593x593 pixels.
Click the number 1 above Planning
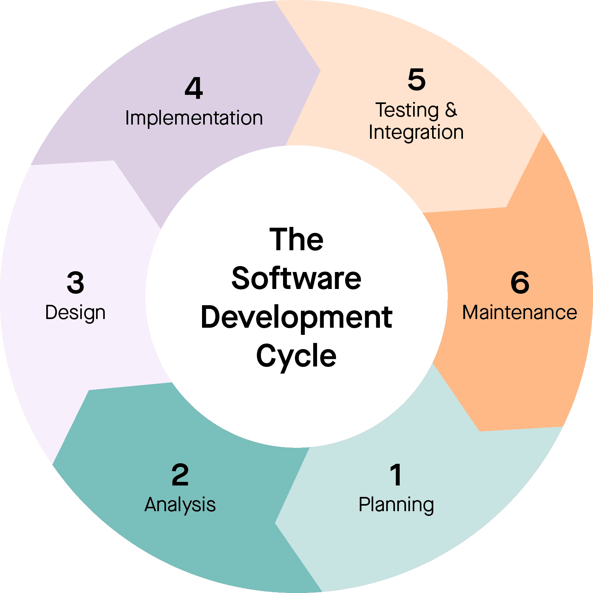pyautogui.click(x=396, y=474)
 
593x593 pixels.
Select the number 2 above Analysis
pyautogui.click(x=180, y=474)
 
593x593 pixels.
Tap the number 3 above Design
pyautogui.click(x=75, y=283)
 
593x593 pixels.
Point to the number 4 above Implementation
pyautogui.click(x=194, y=88)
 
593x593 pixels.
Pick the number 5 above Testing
pyautogui.click(x=416, y=79)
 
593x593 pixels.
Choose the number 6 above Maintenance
pyautogui.click(x=520, y=283)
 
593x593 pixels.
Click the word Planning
pyautogui.click(x=396, y=505)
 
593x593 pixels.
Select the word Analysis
pyautogui.click(x=180, y=505)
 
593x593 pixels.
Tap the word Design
pyautogui.click(x=75, y=313)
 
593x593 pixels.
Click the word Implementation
pyautogui.click(x=194, y=118)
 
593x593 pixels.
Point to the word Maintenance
pyautogui.click(x=519, y=313)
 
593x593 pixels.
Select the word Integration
pyautogui.click(x=416, y=132)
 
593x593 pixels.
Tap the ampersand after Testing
pyautogui.click(x=451, y=110)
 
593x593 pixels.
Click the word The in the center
pyautogui.click(x=296, y=240)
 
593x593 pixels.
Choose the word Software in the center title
pyautogui.click(x=296, y=278)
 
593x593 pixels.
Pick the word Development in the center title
pyautogui.click(x=296, y=317)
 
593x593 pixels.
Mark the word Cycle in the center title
pyautogui.click(x=296, y=356)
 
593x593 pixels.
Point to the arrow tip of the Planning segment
pyautogui.click(x=276, y=523)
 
